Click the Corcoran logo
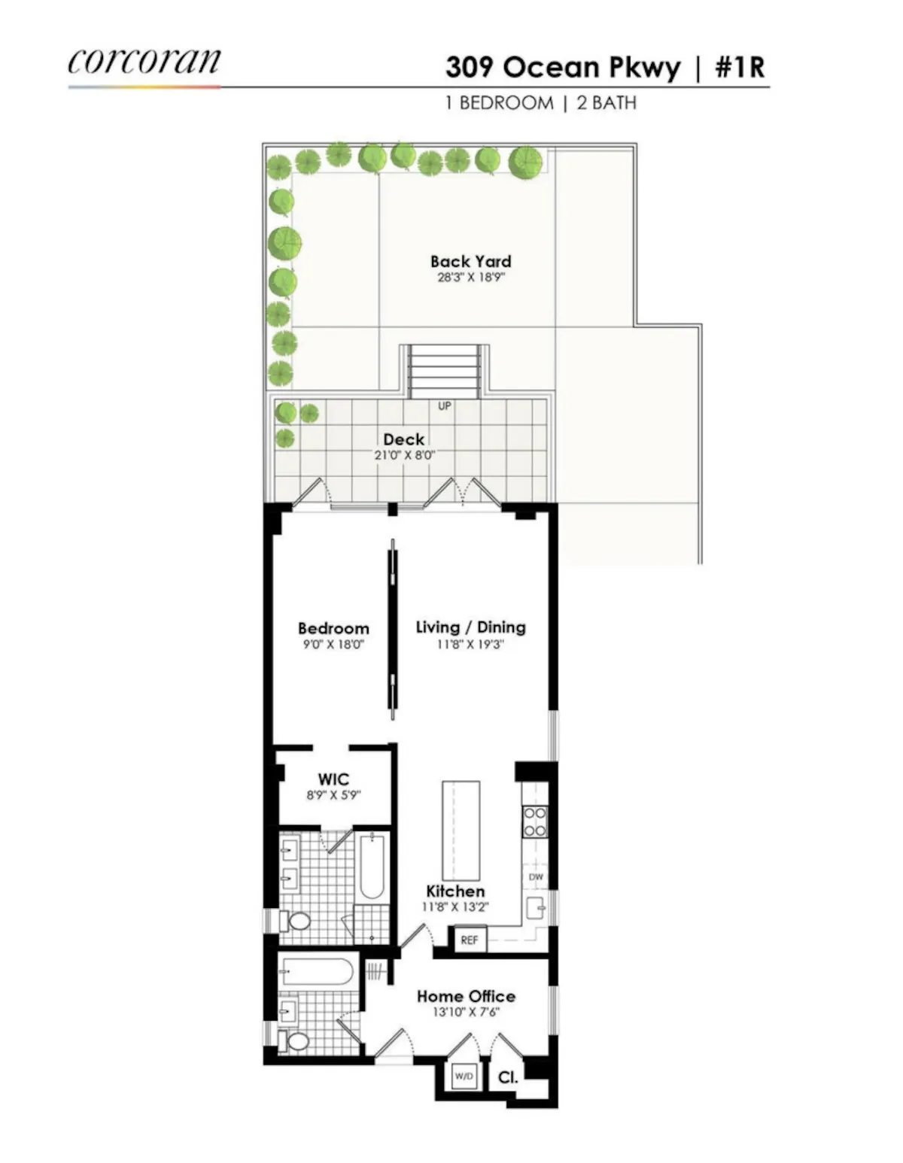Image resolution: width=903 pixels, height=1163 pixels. coord(144,62)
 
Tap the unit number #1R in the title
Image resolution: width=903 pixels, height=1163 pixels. coord(740,68)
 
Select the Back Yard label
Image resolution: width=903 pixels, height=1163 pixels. coord(470,261)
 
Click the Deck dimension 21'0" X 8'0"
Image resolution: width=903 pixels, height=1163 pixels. coord(404,455)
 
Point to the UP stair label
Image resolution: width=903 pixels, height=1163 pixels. coord(445,406)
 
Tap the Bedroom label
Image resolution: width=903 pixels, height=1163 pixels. coord(333,628)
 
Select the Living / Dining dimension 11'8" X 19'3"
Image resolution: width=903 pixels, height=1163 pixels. coord(470,645)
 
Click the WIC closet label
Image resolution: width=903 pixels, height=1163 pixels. coord(333,779)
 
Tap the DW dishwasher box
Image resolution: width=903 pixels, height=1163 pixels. coord(536,877)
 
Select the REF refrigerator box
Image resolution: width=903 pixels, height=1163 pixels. coord(469,940)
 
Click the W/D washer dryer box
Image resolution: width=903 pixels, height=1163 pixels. coord(464,1076)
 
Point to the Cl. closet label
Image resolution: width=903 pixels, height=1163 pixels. coord(508,1077)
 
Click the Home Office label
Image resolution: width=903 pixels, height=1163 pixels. coord(466,996)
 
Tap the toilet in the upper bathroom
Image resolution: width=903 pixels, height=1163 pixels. coord(297,922)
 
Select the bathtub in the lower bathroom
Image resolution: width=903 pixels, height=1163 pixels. coord(316,972)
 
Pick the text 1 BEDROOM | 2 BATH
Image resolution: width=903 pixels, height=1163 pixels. coord(540,103)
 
